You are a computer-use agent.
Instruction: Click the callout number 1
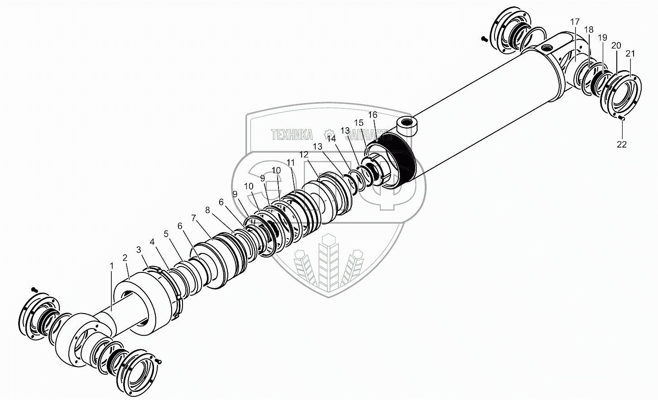pos(111,266)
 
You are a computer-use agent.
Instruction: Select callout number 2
pos(125,257)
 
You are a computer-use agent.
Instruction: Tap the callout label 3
pos(139,249)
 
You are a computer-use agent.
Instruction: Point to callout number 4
pos(152,242)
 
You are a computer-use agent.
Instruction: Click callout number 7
pos(193,218)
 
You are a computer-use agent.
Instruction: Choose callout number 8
pos(207,210)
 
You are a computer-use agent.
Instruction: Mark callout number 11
pos(290,162)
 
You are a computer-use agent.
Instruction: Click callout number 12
pos(304,154)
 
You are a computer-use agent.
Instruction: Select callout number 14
pos(331,138)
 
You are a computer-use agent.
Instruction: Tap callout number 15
pos(359,123)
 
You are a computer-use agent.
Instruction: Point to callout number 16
pos(372,115)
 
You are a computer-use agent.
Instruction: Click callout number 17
pos(575,22)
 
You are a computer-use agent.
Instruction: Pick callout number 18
pos(588,29)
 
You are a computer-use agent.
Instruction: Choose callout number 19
pos(602,38)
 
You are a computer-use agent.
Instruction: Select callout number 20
pos(616,45)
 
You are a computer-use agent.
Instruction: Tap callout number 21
pos(630,53)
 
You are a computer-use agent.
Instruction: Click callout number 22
pos(622,144)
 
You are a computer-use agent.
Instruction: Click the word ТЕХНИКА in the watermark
pos(292,134)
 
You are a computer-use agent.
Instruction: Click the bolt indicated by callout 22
pos(622,119)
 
